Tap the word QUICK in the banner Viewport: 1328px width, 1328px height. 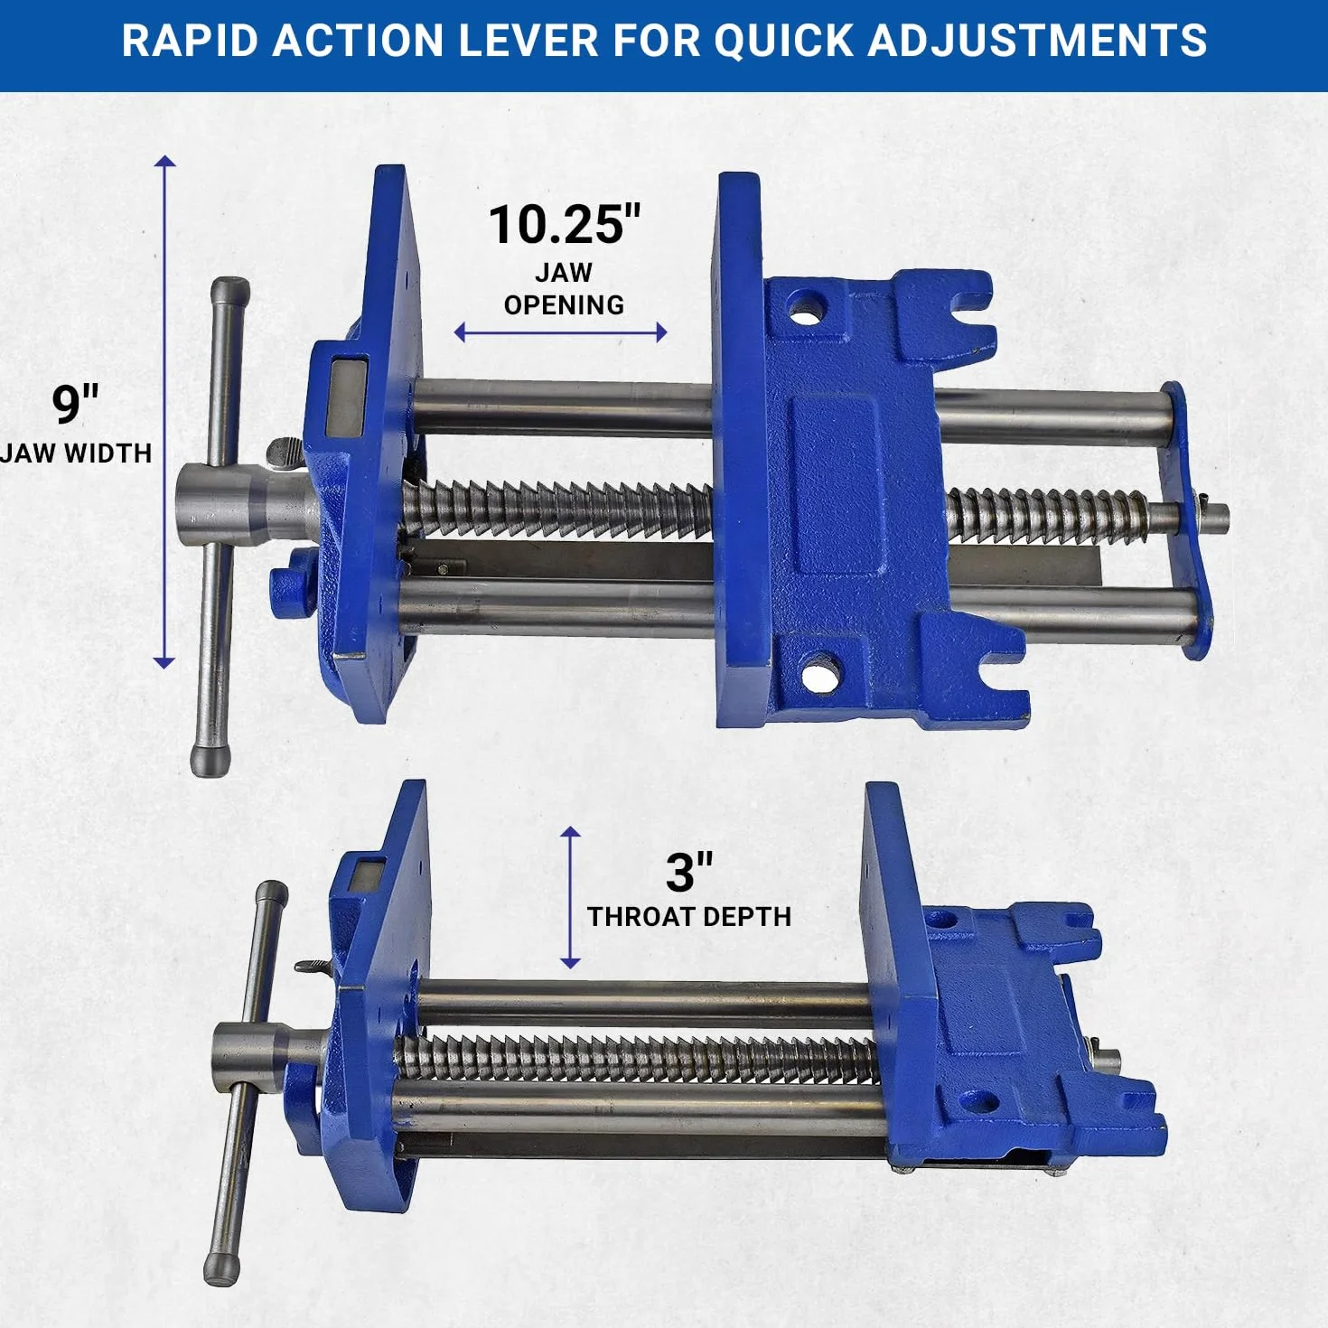(x=784, y=41)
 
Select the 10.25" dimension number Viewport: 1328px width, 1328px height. (x=565, y=225)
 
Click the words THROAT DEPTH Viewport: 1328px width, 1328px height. (x=689, y=917)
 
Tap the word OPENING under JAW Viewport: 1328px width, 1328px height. (x=564, y=305)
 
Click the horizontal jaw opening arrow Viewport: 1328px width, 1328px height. (x=560, y=332)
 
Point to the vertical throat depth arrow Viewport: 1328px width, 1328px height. (x=570, y=897)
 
